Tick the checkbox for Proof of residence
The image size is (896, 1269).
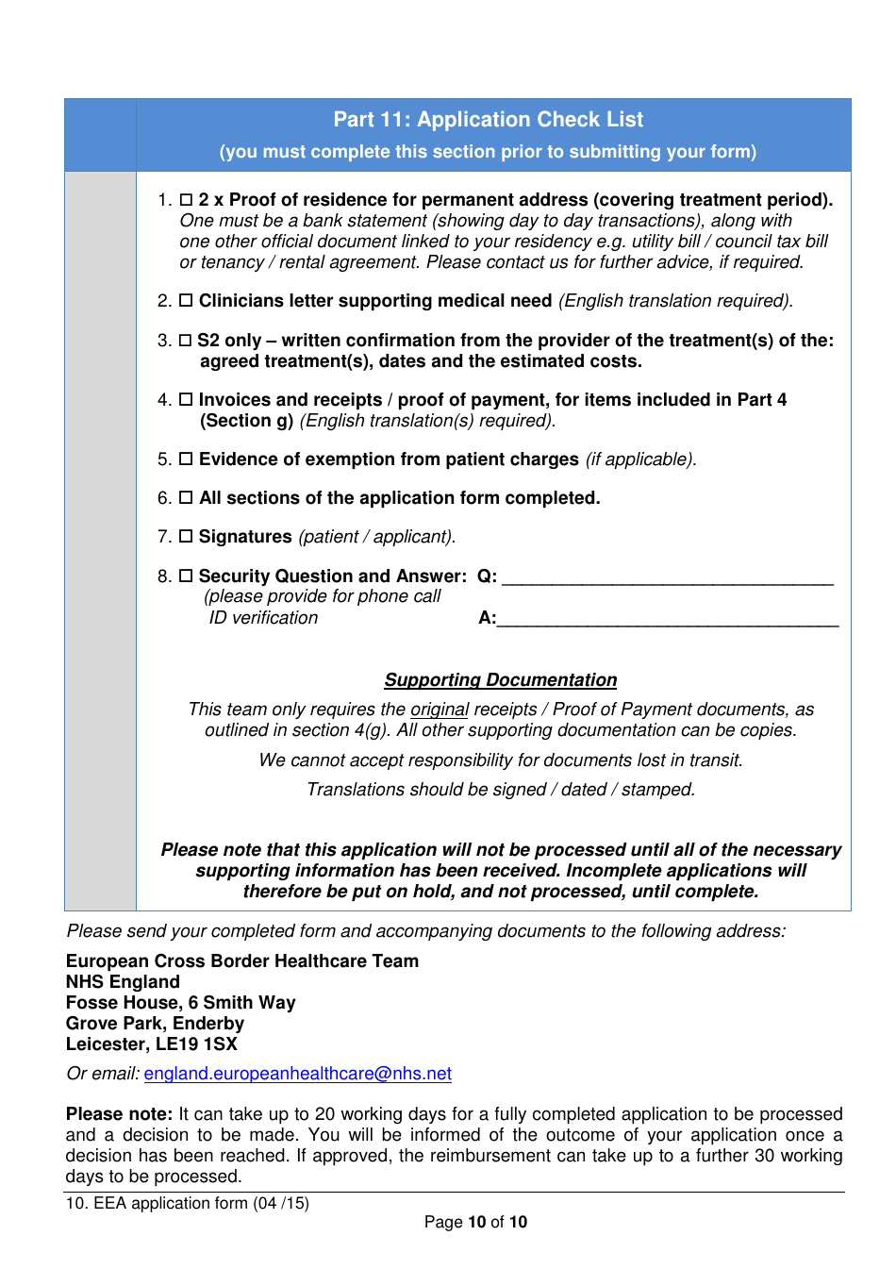[187, 200]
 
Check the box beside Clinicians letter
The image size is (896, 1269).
[187, 301]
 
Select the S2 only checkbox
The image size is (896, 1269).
[187, 341]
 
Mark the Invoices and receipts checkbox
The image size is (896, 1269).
[187, 400]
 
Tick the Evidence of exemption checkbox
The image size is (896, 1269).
[187, 459]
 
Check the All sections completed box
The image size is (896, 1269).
[187, 498]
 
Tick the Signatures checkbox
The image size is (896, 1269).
[187, 537]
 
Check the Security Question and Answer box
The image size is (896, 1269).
[187, 576]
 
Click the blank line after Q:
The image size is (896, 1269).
[667, 579]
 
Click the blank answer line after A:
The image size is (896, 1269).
[667, 621]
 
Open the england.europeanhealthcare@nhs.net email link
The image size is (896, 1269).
[297, 1074]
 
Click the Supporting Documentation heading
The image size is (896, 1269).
[500, 680]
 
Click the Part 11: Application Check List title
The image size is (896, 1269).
[488, 120]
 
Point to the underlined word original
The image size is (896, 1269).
[440, 710]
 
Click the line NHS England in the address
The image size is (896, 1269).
[123, 982]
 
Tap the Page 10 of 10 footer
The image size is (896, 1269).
[475, 1223]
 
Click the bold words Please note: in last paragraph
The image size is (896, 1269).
[119, 1114]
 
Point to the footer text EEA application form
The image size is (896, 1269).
[187, 1204]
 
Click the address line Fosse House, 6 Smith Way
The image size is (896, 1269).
[180, 1003]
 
